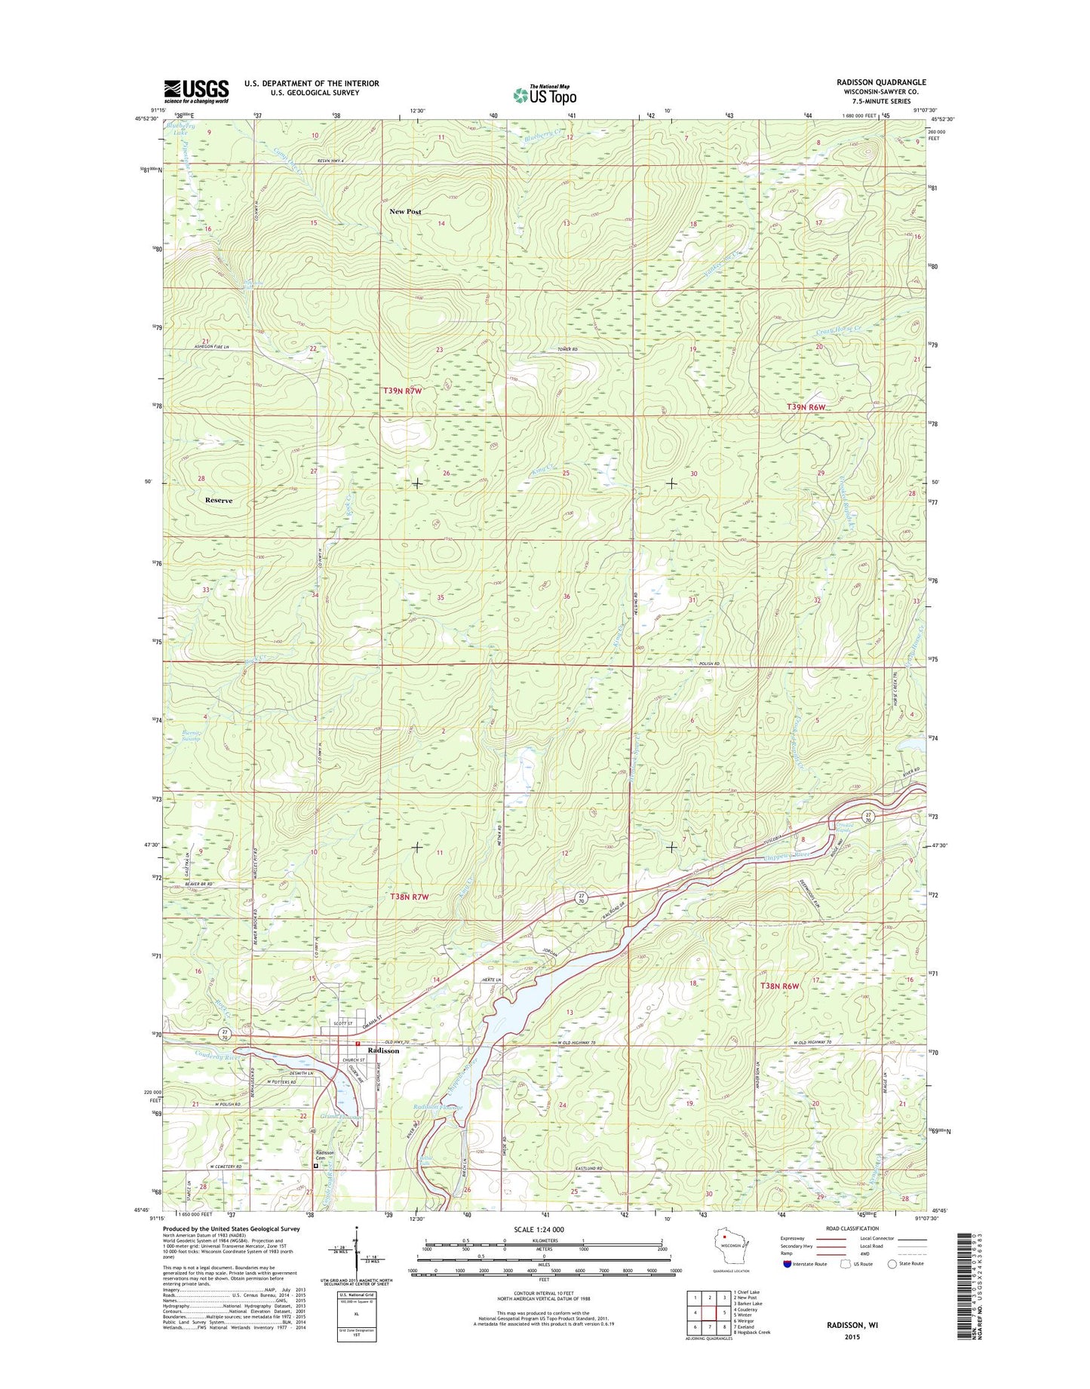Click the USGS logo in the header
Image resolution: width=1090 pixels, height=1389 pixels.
(196, 91)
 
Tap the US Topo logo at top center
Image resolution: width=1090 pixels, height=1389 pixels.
(545, 94)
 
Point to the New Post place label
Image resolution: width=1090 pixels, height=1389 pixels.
(405, 212)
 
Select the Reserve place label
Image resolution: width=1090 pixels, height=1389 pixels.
(219, 501)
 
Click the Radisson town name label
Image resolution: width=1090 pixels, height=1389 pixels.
(382, 1050)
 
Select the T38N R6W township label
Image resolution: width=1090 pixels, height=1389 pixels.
(779, 986)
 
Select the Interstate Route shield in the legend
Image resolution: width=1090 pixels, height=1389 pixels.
(788, 1264)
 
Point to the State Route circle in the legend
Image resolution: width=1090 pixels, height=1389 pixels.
(893, 1264)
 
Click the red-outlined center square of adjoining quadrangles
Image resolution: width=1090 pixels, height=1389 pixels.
(711, 1312)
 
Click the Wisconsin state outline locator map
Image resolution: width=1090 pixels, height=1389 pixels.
(729, 1243)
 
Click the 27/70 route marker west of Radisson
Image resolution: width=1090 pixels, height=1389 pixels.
(224, 1033)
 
